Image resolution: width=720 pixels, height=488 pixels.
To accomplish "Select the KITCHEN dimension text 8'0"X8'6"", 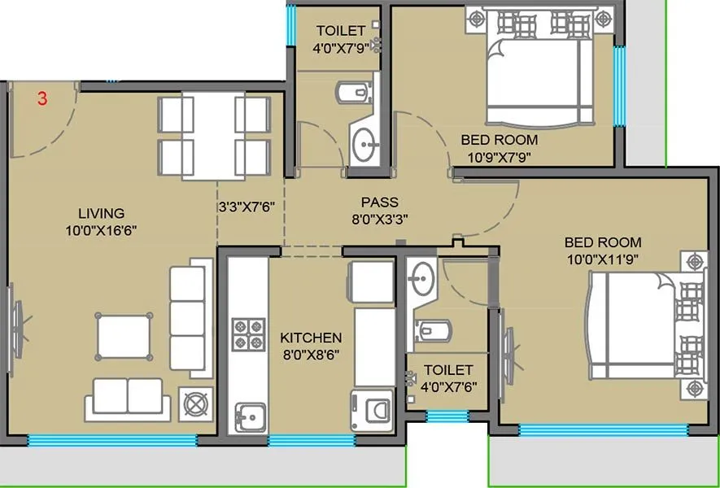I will [x=311, y=354].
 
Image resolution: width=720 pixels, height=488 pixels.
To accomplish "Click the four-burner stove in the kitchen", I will [x=249, y=333].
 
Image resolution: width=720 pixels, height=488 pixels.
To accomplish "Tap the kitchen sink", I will [x=251, y=417].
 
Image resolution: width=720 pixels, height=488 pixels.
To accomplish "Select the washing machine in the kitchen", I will [x=371, y=407].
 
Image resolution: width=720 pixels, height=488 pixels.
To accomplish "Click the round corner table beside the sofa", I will [x=196, y=403].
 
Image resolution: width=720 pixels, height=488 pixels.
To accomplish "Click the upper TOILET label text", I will [x=341, y=31].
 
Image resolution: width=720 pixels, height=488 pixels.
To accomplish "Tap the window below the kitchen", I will [x=311, y=440].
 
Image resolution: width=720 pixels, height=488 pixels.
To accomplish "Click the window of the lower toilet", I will [x=447, y=416].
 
